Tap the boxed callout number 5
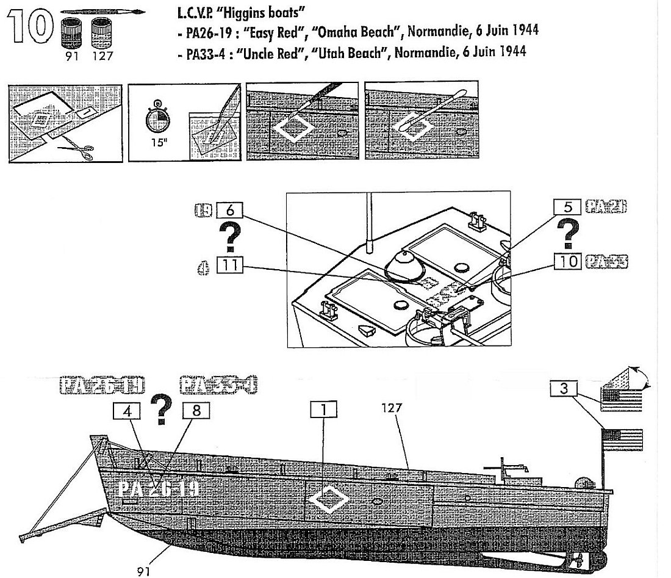point(567,208)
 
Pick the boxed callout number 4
point(127,411)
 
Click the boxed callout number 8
point(195,411)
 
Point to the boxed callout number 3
point(564,388)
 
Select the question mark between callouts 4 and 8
point(162,411)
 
